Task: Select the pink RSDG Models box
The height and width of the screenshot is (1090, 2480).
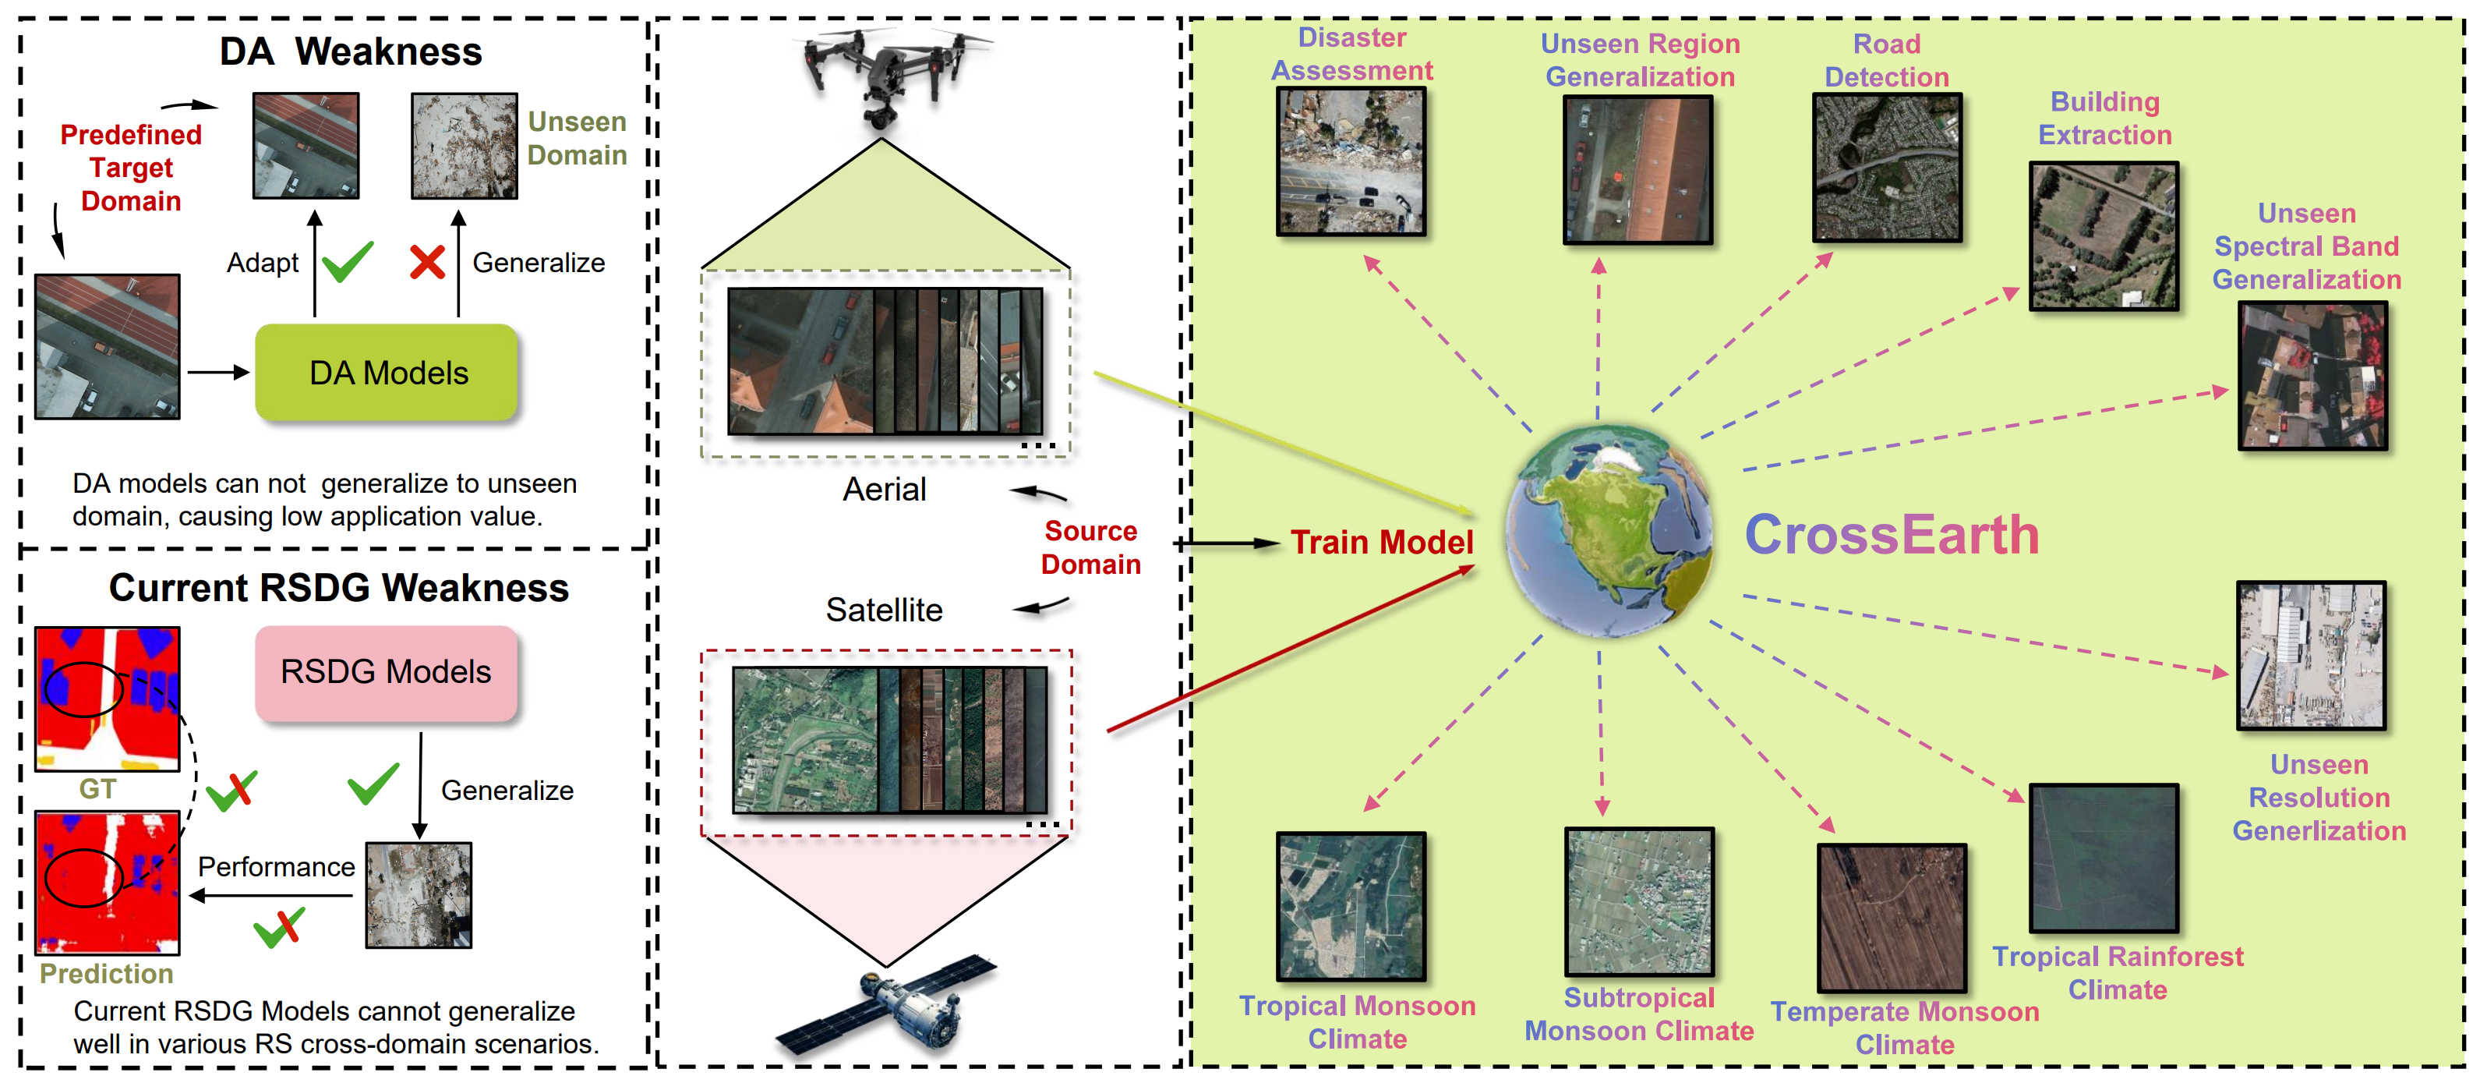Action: pos(386,672)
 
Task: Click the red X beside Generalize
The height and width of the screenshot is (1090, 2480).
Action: pos(427,262)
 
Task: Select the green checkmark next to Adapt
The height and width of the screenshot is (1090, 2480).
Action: pos(347,261)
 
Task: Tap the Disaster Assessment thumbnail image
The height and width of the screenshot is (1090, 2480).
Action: pos(1351,161)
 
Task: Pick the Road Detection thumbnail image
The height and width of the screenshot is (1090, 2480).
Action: pos(1886,168)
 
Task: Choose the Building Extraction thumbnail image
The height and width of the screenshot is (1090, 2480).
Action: pos(2104,236)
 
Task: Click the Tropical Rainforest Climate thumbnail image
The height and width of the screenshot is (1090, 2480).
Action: pos(2104,858)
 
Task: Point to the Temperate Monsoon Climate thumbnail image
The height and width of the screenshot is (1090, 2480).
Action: pos(1891,918)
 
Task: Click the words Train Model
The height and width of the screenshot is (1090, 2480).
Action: pos(1382,542)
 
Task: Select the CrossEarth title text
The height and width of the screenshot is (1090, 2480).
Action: pos(1892,536)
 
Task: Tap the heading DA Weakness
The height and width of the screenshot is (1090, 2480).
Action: pos(351,51)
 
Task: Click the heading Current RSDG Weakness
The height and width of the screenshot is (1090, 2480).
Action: pos(338,587)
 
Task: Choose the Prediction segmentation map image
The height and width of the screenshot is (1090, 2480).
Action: pos(107,882)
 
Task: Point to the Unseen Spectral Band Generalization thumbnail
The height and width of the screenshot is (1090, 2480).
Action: pos(2312,376)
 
